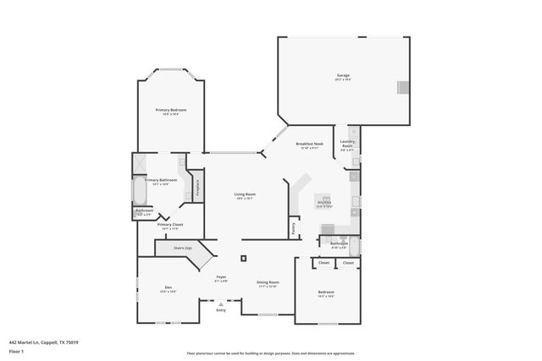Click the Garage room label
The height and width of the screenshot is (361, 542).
(x=343, y=75)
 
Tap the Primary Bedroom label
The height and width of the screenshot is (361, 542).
(x=171, y=111)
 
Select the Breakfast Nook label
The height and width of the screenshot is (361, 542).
(x=307, y=145)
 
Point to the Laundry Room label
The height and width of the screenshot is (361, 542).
(x=347, y=144)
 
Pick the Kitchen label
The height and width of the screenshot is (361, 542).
(x=324, y=202)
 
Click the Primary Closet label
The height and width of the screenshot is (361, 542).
(x=170, y=225)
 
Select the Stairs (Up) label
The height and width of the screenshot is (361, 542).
(x=183, y=248)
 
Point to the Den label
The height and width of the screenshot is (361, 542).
(x=168, y=288)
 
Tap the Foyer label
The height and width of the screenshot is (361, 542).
(x=221, y=277)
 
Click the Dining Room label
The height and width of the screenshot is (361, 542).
(x=268, y=282)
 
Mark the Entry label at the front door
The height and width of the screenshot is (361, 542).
(x=221, y=310)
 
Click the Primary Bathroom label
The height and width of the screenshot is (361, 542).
(x=160, y=180)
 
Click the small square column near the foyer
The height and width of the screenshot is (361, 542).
(x=243, y=258)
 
